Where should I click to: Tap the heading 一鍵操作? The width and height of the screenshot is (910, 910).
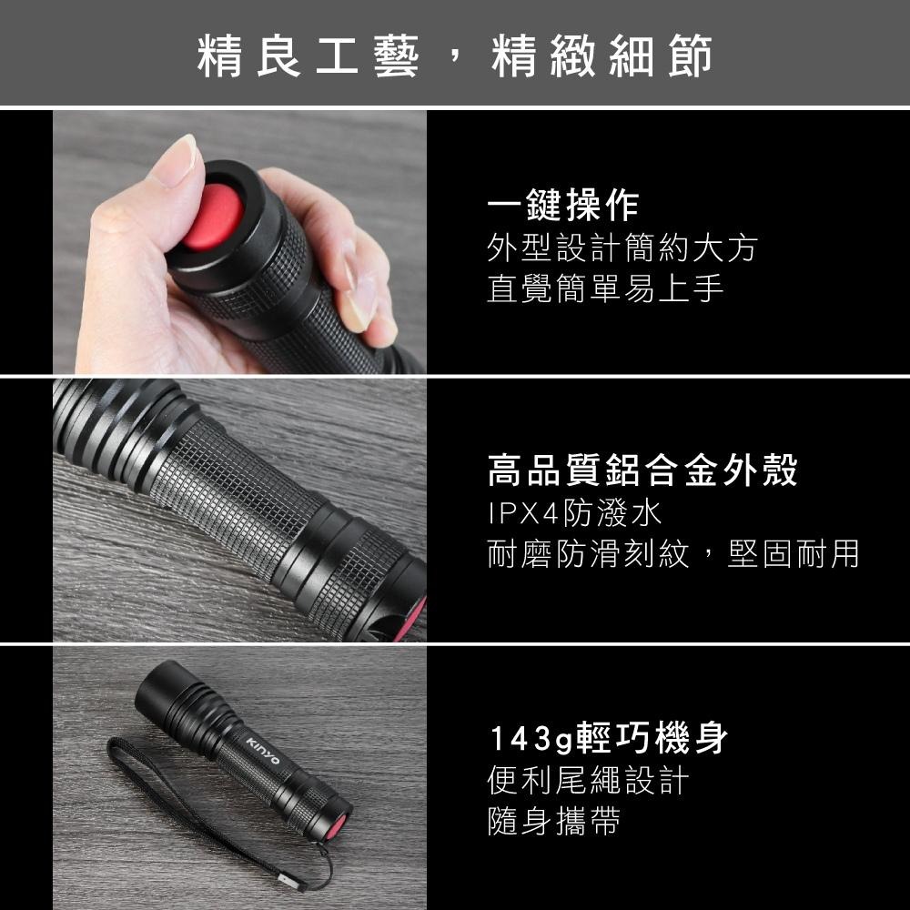click(562, 207)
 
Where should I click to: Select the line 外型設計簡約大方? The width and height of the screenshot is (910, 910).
click(622, 248)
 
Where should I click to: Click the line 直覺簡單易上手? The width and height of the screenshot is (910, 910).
click(605, 288)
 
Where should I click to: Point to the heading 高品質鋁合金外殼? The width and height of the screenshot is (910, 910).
click(642, 471)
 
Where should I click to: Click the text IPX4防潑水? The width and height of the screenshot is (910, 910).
click(573, 513)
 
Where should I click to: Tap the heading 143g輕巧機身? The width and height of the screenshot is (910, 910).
click(608, 739)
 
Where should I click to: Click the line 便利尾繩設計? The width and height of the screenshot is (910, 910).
click(588, 781)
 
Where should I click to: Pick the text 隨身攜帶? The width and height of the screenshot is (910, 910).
click(554, 821)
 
